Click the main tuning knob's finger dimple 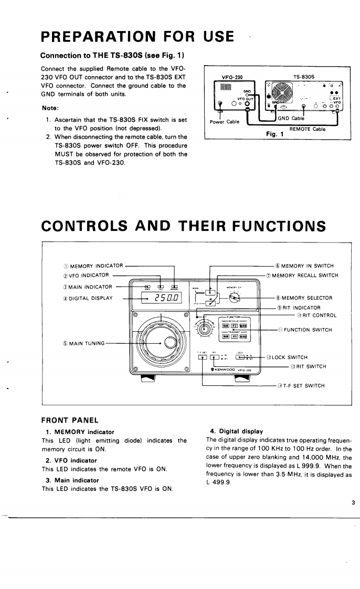[172, 343]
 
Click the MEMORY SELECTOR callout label [306, 298]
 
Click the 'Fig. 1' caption [275, 134]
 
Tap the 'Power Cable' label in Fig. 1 [225, 122]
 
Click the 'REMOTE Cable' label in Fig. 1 [307, 129]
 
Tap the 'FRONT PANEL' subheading [69, 420]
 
